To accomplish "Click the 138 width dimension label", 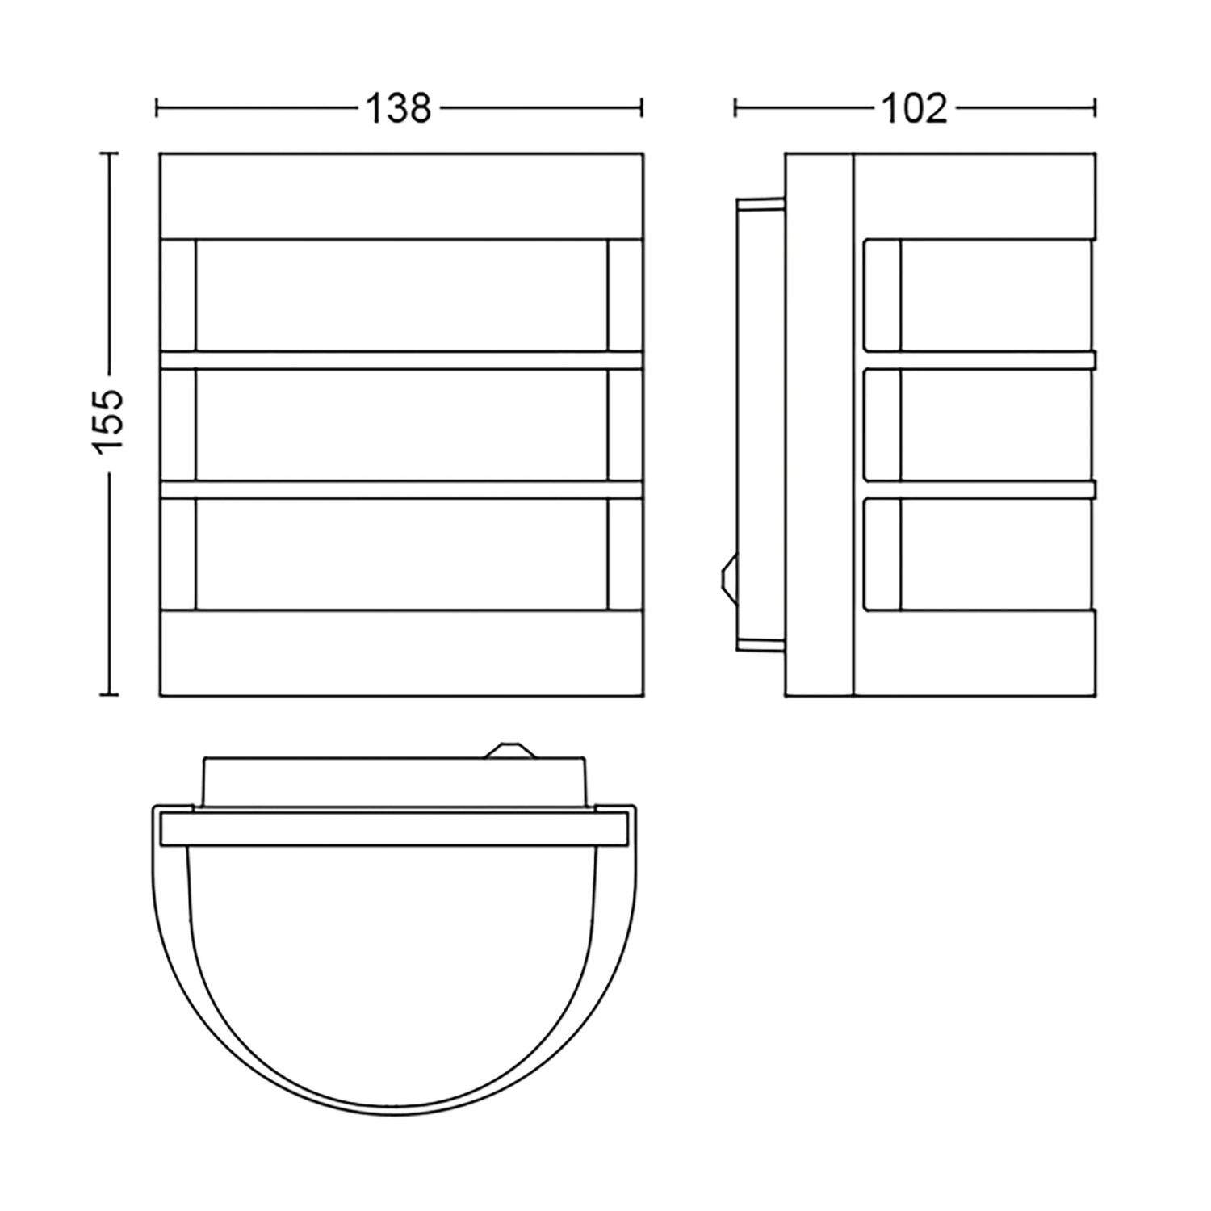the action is click(x=399, y=108).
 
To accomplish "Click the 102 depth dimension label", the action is click(x=914, y=108).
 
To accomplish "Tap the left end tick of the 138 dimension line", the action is click(x=157, y=107).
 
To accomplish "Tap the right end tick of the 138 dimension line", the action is click(x=642, y=107).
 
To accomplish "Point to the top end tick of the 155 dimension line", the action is click(x=108, y=153).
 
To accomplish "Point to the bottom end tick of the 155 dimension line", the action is click(x=108, y=693).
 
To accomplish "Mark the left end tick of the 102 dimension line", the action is click(x=735, y=107).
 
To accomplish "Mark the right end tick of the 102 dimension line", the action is click(x=1095, y=107).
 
